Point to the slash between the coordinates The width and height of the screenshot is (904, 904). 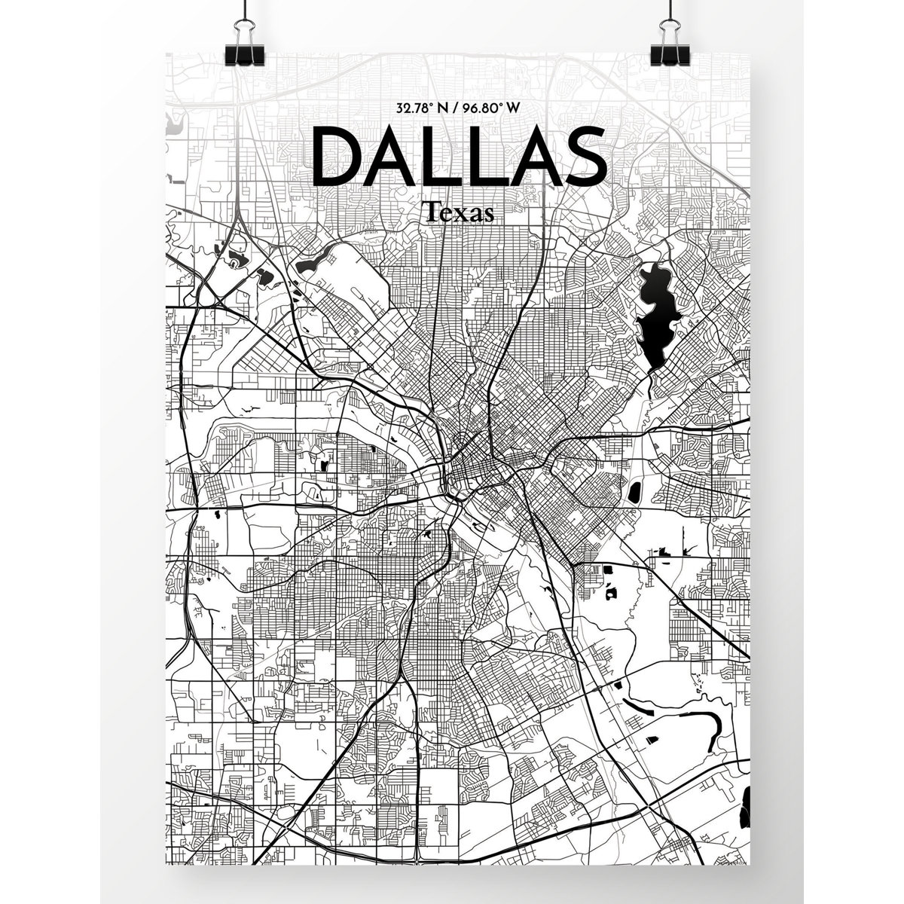[x=454, y=107]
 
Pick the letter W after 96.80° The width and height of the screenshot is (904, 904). [x=513, y=107]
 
